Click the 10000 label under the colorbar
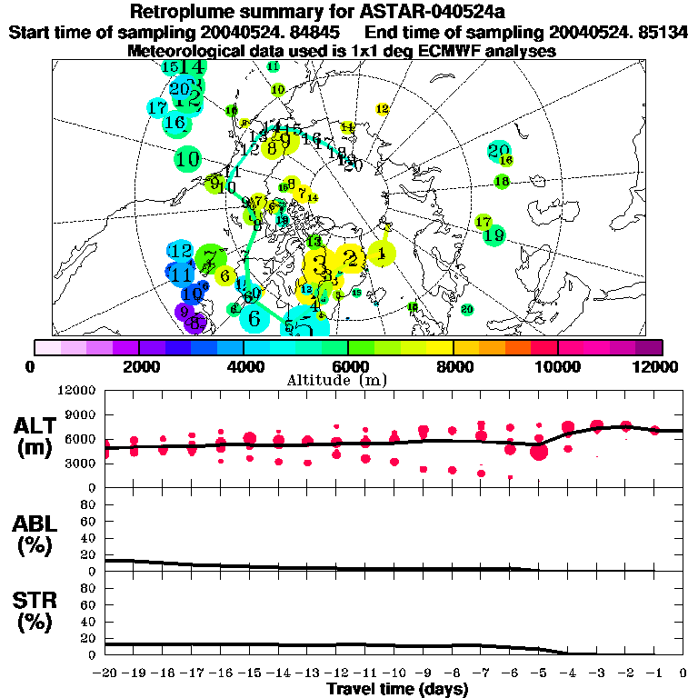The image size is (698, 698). click(557, 366)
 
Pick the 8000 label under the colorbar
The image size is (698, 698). click(453, 366)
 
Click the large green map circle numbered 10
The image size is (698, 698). click(187, 159)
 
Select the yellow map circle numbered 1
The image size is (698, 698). click(383, 253)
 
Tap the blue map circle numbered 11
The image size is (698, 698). click(181, 274)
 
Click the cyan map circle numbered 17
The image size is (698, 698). click(157, 107)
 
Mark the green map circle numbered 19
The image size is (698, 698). click(494, 235)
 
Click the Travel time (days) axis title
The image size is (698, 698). click(397, 690)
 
